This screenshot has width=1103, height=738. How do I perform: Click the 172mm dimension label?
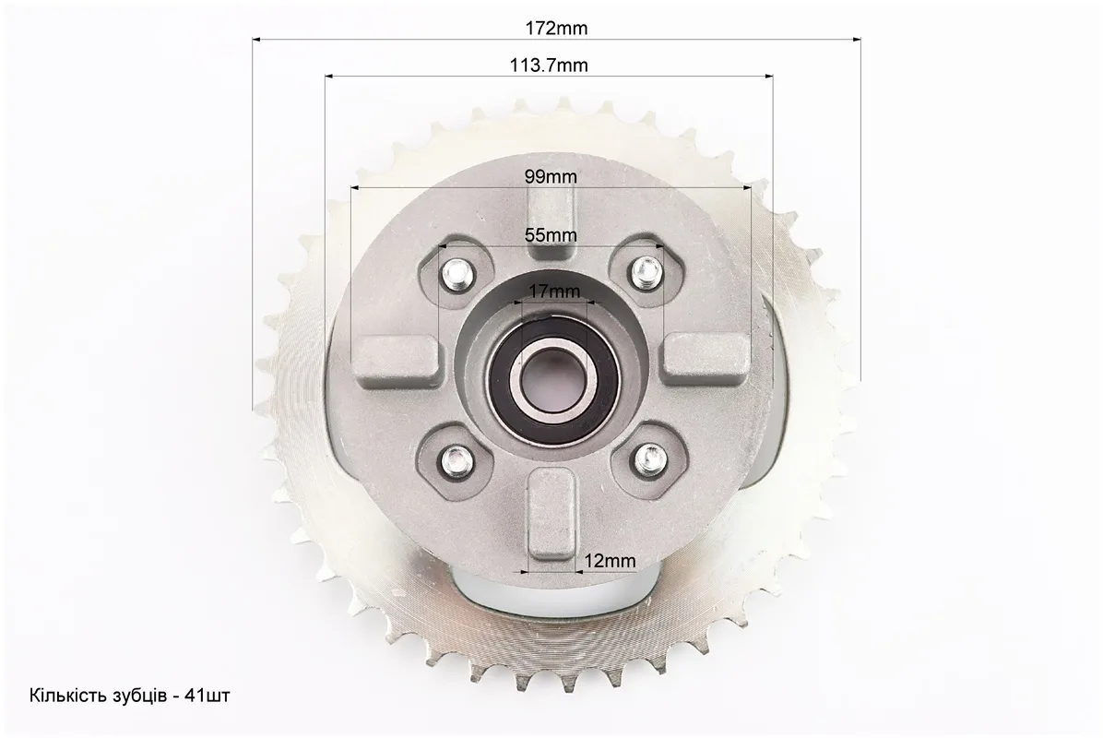(x=556, y=29)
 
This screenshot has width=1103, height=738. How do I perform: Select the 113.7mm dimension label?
(x=549, y=65)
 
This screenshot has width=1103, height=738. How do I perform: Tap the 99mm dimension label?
(x=551, y=176)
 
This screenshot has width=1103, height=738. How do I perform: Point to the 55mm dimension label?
(x=551, y=235)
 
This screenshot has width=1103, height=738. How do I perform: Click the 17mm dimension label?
(x=555, y=291)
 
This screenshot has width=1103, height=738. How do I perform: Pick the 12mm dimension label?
(x=610, y=561)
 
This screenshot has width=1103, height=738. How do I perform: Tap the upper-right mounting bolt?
(x=645, y=271)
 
